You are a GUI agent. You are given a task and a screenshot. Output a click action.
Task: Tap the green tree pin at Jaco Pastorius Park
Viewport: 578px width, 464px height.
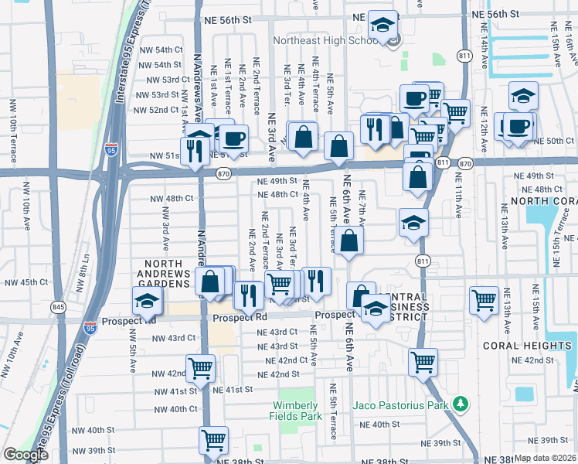pyautogui.click(x=461, y=404)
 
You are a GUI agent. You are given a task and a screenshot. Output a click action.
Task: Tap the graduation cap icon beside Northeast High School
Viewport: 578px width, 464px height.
pyautogui.click(x=382, y=26)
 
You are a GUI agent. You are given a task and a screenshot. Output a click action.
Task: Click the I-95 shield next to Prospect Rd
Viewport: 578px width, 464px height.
pyautogui.click(x=91, y=328)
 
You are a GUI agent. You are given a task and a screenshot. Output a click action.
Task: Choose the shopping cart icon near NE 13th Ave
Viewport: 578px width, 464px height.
pyautogui.click(x=484, y=300)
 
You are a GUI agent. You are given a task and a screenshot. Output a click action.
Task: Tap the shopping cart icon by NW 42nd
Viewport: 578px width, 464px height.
pyautogui.click(x=200, y=369)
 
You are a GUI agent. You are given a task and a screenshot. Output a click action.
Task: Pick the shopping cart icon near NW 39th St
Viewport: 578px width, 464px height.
pyautogui.click(x=214, y=440)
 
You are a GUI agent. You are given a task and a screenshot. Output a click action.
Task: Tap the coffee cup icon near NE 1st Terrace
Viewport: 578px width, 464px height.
pyautogui.click(x=234, y=139)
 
